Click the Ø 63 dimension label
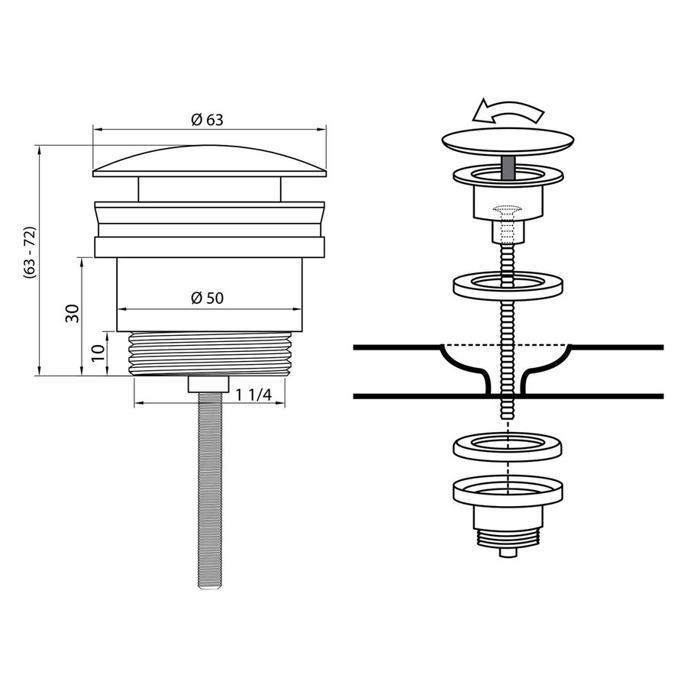(x=207, y=119)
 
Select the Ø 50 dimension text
(x=207, y=298)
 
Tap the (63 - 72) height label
(x=29, y=254)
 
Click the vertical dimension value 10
(x=97, y=352)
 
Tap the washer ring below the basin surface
(x=508, y=447)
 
